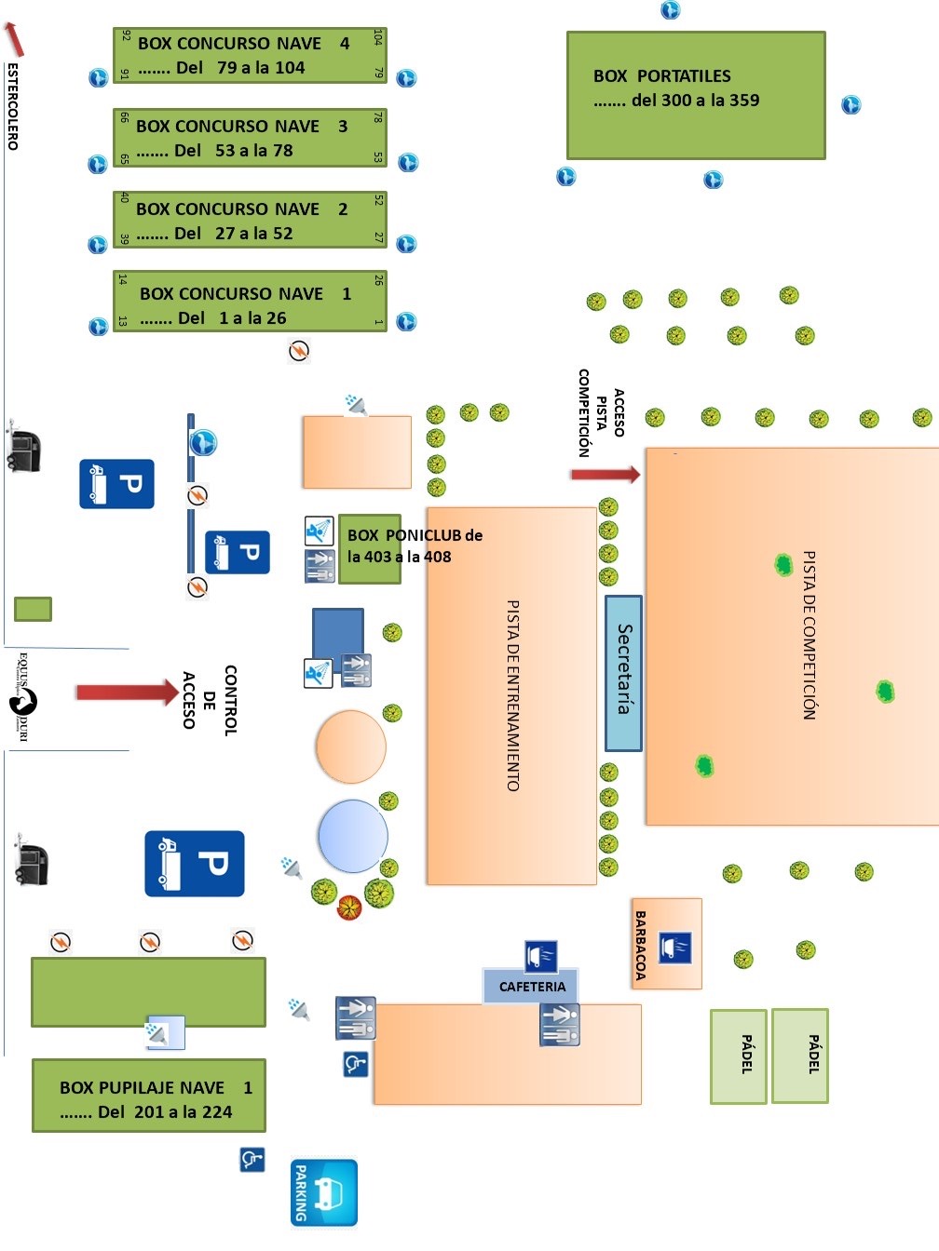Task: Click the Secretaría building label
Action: pos(624,668)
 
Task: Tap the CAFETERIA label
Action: pos(532,987)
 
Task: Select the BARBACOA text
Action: pos(641,946)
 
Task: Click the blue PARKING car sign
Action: pos(324,1192)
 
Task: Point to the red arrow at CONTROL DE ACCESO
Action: pos(127,693)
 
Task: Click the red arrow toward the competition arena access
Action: pos(606,474)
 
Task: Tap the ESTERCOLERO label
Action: pos(12,107)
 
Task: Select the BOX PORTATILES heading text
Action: pos(662,75)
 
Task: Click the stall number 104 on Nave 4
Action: pos(377,37)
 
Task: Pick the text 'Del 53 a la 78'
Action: pos(233,151)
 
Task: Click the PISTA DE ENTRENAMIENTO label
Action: pos(513,695)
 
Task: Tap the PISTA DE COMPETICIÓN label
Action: pos(809,635)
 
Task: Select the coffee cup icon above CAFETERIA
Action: pos(541,956)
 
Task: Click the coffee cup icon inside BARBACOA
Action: pos(675,948)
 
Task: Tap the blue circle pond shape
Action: pos(353,836)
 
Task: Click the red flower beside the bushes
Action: pos(349,908)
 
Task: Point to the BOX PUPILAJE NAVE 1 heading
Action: pos(156,1087)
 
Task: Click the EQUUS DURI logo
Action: pos(23,698)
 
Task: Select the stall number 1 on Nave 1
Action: pos(378,322)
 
